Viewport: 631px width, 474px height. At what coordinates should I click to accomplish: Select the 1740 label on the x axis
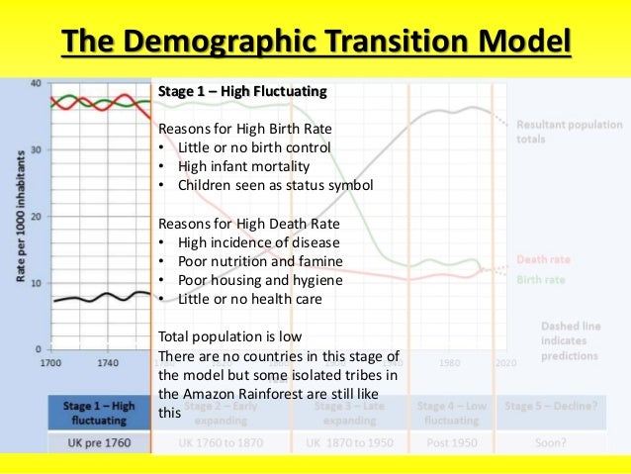point(108,363)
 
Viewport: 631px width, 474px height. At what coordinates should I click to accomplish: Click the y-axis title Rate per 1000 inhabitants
point(19,218)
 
